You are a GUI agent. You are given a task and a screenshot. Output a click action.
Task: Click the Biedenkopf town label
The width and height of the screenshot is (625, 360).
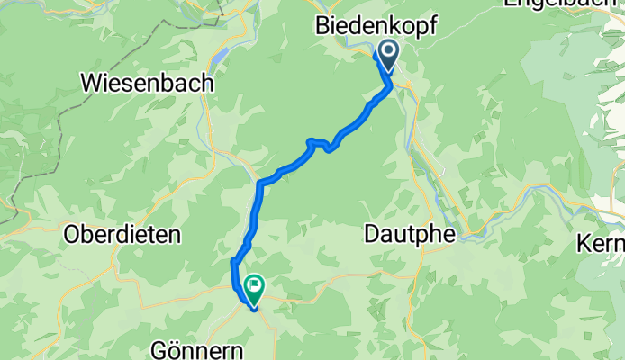coord(376,28)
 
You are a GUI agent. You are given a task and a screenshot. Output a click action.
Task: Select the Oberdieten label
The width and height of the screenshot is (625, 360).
coord(122,235)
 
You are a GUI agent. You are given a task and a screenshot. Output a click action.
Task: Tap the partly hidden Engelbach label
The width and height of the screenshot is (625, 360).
coord(562,4)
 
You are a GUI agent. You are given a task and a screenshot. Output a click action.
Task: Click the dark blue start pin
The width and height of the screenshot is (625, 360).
coord(389,55)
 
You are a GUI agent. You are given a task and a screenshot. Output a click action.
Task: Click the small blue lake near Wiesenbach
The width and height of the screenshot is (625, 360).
coord(219,58)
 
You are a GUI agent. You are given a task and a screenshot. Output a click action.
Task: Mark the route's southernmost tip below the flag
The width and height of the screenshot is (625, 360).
coord(255,307)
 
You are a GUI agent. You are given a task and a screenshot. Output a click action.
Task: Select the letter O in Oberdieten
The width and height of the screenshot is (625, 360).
coord(73,235)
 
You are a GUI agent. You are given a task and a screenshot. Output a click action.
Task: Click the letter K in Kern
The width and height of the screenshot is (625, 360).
coord(586,244)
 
